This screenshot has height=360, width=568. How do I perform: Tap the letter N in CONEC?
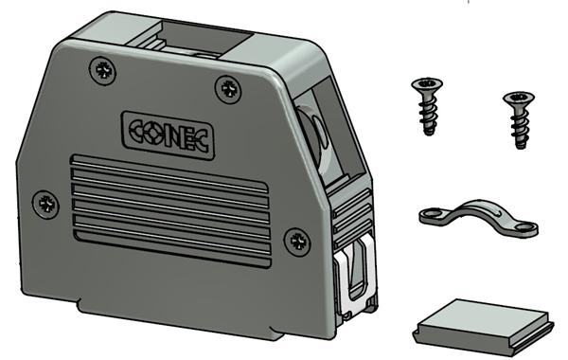[x=174, y=132]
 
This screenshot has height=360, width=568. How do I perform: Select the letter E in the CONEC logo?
[x=189, y=132]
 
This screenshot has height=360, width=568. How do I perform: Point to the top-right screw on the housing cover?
[x=228, y=88]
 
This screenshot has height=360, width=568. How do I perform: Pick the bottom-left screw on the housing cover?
[x=44, y=201]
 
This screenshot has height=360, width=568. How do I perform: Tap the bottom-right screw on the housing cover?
[x=298, y=241]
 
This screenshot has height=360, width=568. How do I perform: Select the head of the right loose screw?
[x=516, y=99]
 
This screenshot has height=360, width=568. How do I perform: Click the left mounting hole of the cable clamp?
[x=432, y=217]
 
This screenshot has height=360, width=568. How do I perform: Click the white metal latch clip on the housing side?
[x=357, y=275]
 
